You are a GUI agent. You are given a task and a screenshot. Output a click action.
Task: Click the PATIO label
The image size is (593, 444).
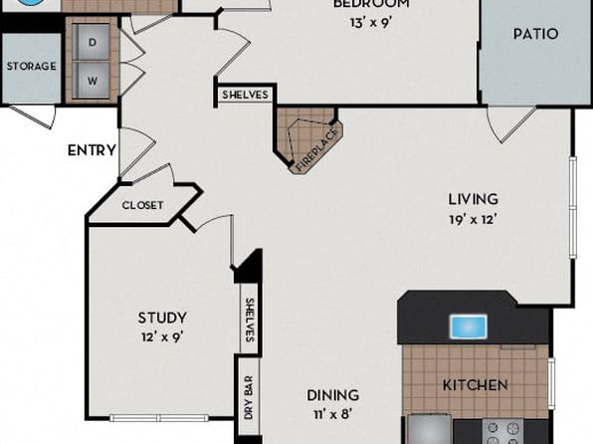tap(535, 34)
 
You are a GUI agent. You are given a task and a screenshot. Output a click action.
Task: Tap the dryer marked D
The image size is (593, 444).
tap(92, 42)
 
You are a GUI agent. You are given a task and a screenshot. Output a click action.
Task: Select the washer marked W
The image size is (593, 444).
tap(92, 81)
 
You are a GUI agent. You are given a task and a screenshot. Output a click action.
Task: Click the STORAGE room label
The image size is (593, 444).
tap(32, 66)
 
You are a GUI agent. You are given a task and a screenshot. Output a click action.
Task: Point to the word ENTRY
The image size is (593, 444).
tap(92, 150)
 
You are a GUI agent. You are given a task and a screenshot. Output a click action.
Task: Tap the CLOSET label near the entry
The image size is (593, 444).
tap(142, 205)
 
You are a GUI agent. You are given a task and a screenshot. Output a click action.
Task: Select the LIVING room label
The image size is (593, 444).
tap(474, 199)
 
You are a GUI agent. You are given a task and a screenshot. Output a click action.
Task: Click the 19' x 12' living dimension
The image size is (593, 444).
tap(474, 219)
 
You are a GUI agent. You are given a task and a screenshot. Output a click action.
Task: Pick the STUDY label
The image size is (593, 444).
tap(162, 318)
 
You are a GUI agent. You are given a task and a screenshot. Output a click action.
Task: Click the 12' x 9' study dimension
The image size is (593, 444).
tap(162, 336)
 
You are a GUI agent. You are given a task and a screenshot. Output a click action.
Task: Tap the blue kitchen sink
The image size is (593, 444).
tap(469, 327)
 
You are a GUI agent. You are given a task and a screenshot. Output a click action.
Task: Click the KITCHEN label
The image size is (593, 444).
tap(475, 385)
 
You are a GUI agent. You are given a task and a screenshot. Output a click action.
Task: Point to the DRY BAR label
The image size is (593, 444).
tap(249, 397)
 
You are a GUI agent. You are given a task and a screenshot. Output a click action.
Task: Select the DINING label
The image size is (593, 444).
tap(332, 395)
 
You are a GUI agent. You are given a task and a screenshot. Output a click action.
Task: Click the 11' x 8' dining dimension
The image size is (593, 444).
tap(332, 414)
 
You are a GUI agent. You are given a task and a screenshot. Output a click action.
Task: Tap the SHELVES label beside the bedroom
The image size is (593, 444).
tap(245, 95)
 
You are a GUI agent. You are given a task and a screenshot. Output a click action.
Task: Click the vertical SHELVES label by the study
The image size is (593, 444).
tap(250, 321)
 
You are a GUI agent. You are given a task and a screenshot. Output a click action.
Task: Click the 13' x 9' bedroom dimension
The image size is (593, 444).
tap(370, 23)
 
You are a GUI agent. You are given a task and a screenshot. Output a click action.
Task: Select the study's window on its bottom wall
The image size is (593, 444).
tap(159, 418)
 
